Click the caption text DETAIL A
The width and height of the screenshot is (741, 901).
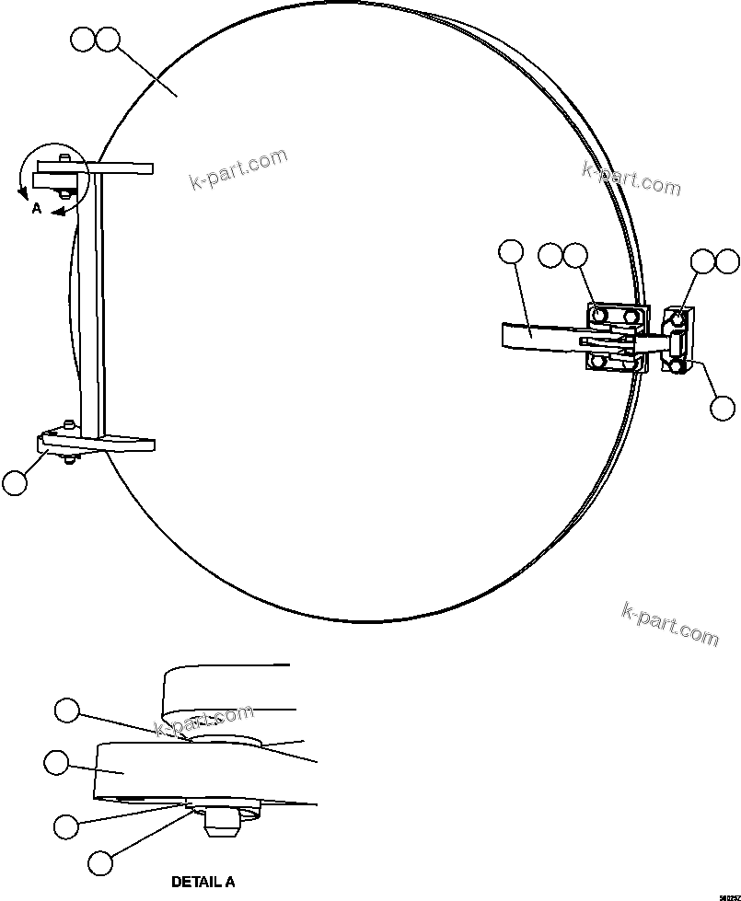203,882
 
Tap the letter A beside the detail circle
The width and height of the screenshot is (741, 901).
36,209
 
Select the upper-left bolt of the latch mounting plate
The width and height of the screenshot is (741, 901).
599,316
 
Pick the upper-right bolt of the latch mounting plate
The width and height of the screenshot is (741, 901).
631,317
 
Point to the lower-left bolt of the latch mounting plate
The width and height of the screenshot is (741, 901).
599,362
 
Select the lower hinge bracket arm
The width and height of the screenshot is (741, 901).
97,445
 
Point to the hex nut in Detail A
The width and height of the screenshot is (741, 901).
221,822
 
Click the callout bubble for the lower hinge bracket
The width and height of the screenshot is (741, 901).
15,482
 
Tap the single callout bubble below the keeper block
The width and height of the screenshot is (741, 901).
724,407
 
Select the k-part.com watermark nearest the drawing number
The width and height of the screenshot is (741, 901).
670,623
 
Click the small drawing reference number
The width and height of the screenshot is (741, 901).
729,892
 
